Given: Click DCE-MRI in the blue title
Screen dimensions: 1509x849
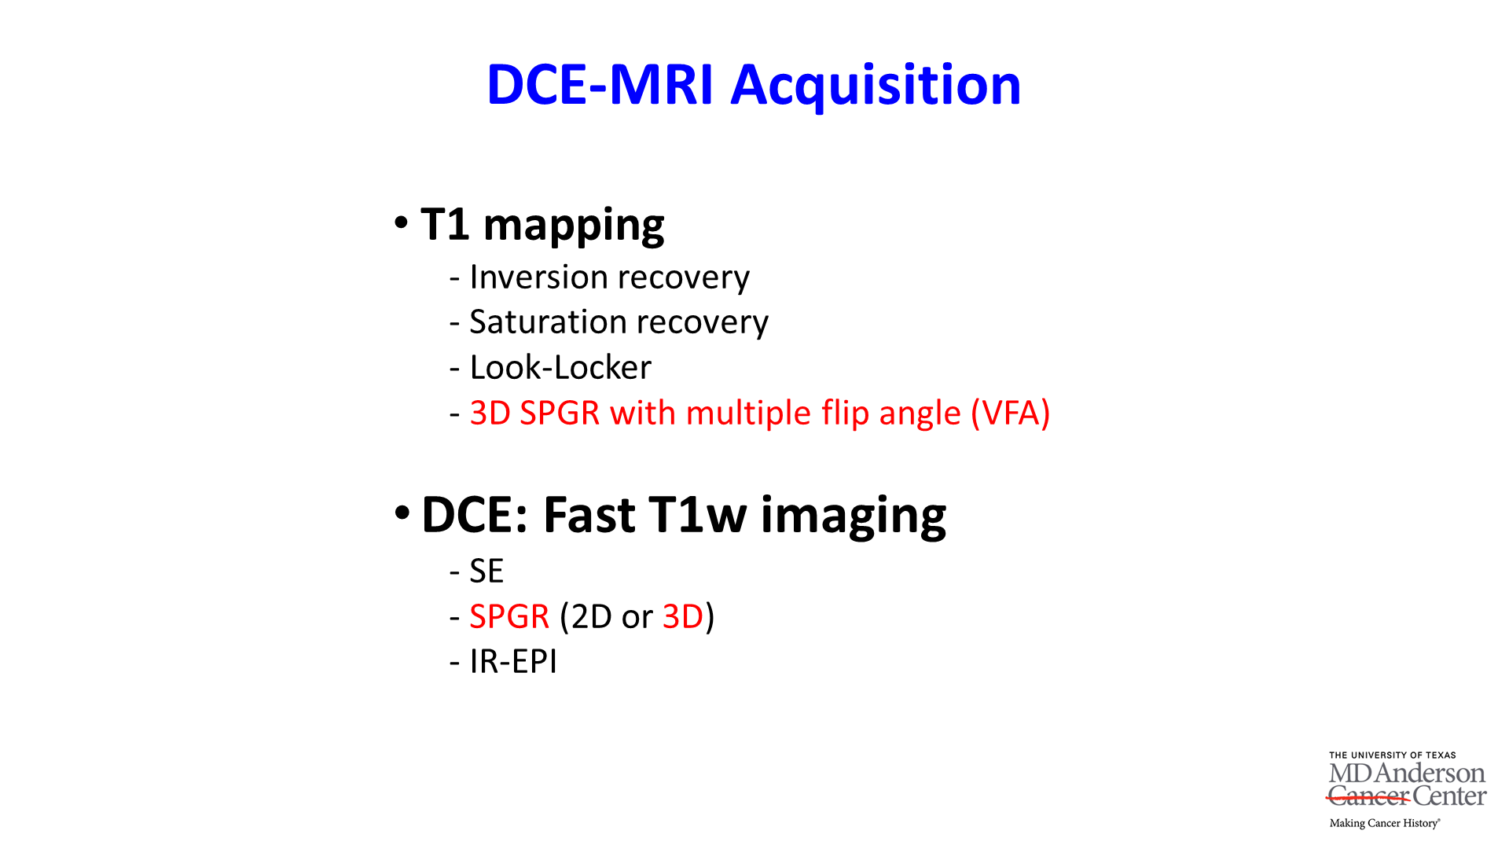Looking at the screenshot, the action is (600, 85).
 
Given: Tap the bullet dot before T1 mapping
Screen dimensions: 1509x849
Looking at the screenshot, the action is (402, 222).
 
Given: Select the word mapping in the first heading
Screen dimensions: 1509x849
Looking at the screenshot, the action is (574, 226).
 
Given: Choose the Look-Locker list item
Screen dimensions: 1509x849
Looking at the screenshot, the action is (560, 367).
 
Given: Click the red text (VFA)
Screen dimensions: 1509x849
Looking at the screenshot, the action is (1011, 413).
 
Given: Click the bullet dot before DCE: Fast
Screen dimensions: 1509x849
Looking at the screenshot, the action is (402, 513).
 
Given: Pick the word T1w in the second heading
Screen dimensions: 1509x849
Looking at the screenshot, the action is (697, 515).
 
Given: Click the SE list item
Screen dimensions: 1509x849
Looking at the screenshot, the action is (486, 572).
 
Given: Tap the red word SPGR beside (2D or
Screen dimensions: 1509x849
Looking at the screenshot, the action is (509, 616).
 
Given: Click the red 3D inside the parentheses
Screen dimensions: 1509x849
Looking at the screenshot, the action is (683, 616).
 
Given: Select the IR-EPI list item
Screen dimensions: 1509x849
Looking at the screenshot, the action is (513, 662).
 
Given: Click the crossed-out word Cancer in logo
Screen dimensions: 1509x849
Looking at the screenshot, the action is (1368, 796).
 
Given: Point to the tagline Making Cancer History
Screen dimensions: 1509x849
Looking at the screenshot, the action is (1385, 823).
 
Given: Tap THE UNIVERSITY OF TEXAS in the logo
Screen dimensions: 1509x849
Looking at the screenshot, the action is (1392, 755).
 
